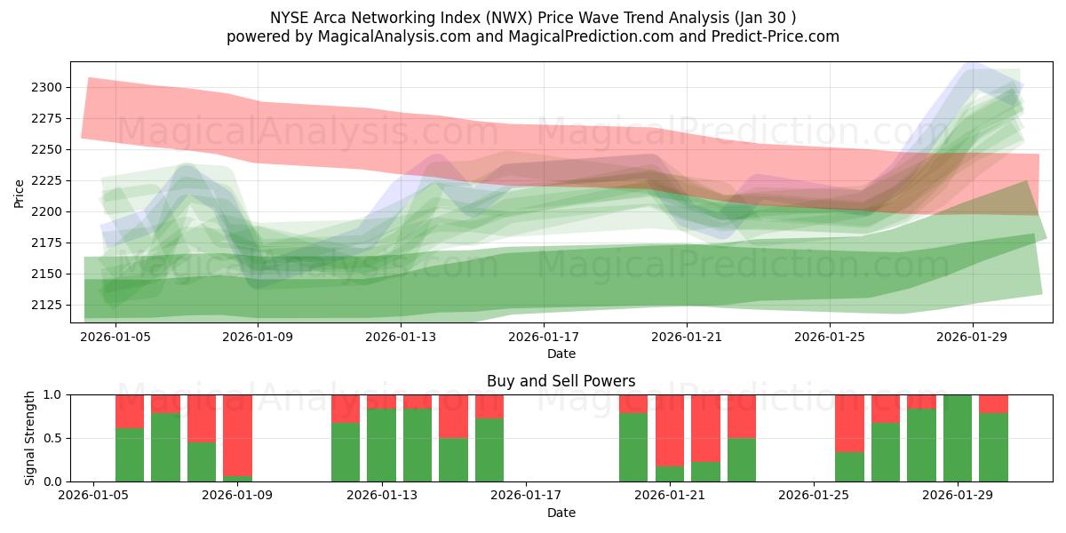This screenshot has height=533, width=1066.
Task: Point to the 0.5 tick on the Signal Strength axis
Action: pyautogui.click(x=54, y=438)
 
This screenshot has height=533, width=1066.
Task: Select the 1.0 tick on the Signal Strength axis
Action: pyautogui.click(x=54, y=394)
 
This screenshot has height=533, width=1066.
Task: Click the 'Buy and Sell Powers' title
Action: pyautogui.click(x=561, y=381)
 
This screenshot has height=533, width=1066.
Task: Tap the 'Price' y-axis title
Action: pyautogui.click(x=20, y=193)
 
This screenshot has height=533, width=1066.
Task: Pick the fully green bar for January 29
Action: pyautogui.click(x=958, y=438)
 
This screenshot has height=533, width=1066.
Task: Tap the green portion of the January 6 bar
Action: pyautogui.click(x=130, y=455)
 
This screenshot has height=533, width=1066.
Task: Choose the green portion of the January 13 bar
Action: pyautogui.click(x=381, y=445)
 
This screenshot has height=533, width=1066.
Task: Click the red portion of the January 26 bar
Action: pyautogui.click(x=849, y=423)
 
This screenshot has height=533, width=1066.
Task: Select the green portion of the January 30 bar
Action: pyautogui.click(x=993, y=448)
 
